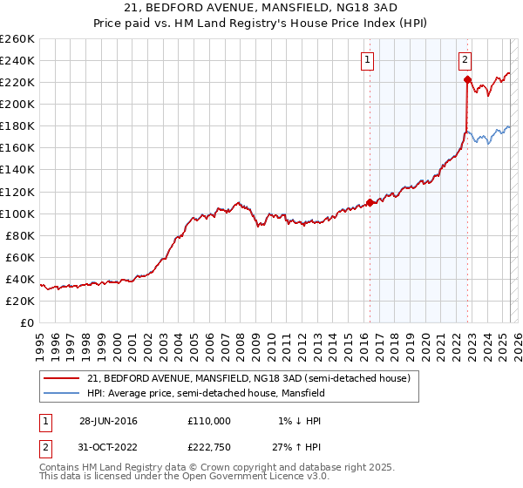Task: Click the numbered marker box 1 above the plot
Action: pyautogui.click(x=369, y=60)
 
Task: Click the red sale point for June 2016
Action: pyautogui.click(x=370, y=202)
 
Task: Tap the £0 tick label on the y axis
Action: pyautogui.click(x=25, y=322)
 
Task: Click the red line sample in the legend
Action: pyautogui.click(x=60, y=378)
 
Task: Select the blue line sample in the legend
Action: pyautogui.click(x=60, y=393)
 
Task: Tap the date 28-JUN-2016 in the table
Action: pyautogui.click(x=108, y=421)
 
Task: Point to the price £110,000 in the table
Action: pyautogui.click(x=209, y=421)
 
